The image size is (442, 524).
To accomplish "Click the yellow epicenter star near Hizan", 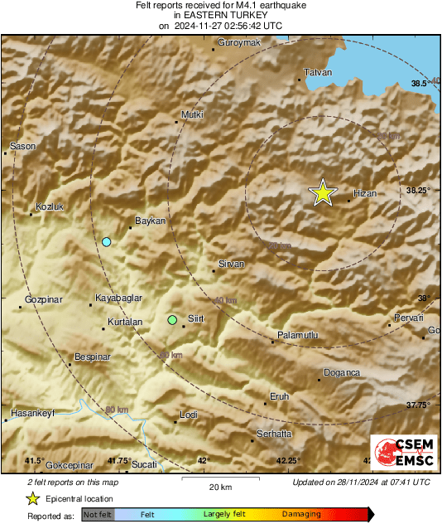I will pyautogui.click(x=323, y=192).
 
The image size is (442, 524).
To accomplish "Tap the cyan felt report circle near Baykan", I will pyautogui.click(x=106, y=242).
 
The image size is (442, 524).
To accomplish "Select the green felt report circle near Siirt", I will pyautogui.click(x=172, y=320).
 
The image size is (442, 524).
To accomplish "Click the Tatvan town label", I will pyautogui.click(x=318, y=72).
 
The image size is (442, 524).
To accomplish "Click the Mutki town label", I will pyautogui.click(x=191, y=114).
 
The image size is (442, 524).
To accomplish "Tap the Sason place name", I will pyautogui.click(x=22, y=147).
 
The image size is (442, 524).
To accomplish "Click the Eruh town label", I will pyautogui.click(x=280, y=397).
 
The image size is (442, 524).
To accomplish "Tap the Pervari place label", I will pyautogui.click(x=409, y=318).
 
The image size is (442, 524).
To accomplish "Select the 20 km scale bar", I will pyautogui.click(x=219, y=478).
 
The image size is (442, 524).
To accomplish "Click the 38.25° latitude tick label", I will pyautogui.click(x=418, y=190).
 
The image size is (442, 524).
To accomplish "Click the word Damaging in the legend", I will pyautogui.click(x=302, y=514).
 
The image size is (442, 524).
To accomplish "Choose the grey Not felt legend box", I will pyautogui.click(x=98, y=514).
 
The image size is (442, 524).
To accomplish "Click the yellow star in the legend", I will pyautogui.click(x=32, y=498).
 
